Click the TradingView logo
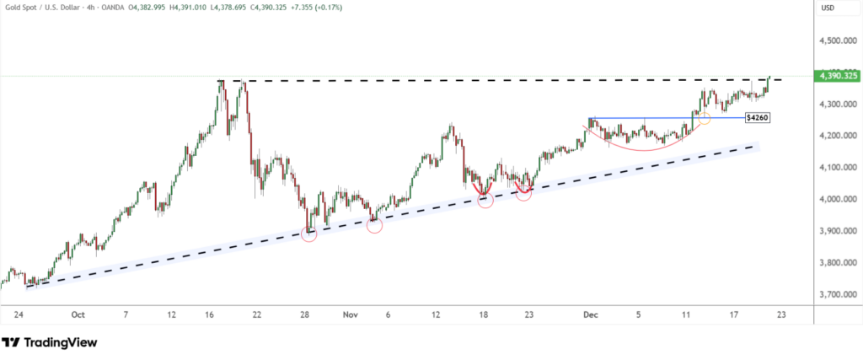point(49,342)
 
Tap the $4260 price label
point(755,118)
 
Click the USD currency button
point(828,8)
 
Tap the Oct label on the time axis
point(78,314)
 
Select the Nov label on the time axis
point(350,314)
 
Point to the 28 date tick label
point(305,314)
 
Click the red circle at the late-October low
point(309,234)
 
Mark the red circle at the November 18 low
point(485,201)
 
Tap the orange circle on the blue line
point(704,119)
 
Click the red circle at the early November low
point(375,225)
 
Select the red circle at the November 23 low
point(523,194)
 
